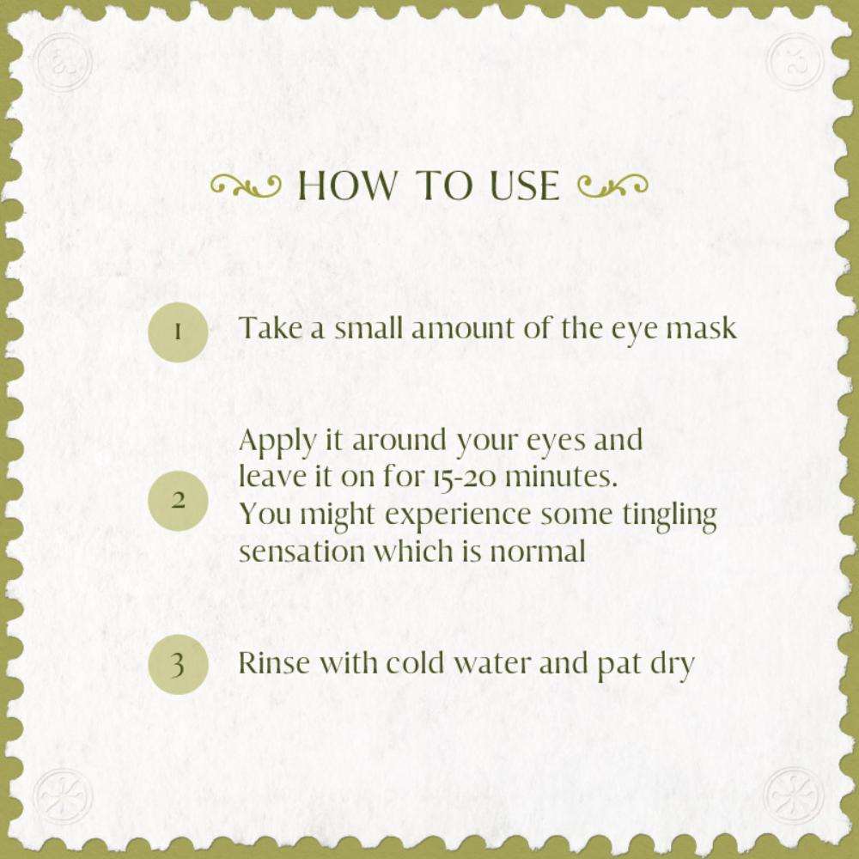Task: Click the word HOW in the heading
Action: tap(347, 186)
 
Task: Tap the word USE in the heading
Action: tap(524, 186)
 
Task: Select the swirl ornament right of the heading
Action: tap(613, 186)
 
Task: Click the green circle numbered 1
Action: tap(178, 332)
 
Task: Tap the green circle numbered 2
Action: tap(178, 500)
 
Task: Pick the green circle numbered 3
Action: tap(178, 665)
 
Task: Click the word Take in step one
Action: tap(271, 327)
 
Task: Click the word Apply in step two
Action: tap(277, 442)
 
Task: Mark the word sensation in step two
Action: tap(302, 551)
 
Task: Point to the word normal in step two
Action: tap(538, 551)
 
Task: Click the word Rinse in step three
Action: tap(275, 663)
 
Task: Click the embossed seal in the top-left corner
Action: tap(63, 62)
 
